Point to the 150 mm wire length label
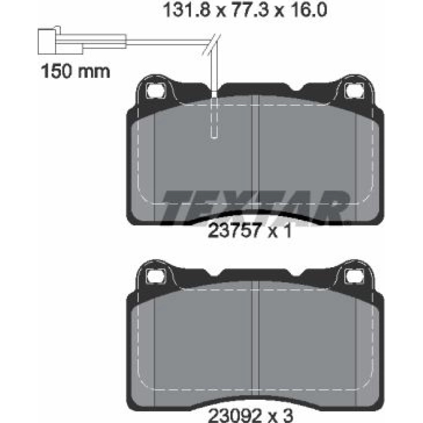75,71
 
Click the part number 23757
234,231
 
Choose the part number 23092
235,416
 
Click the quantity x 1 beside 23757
280,231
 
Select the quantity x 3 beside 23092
280,416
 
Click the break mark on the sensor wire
211,45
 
